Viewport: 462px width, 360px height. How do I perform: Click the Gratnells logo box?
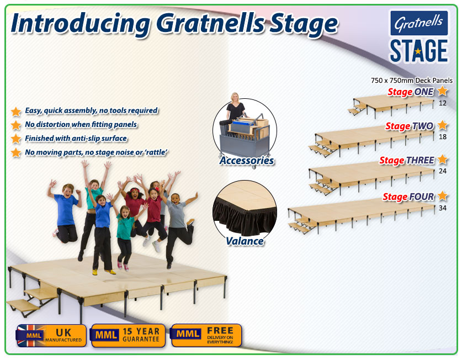(x=419, y=23)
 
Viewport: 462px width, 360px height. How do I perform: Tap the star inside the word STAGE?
(x=418, y=51)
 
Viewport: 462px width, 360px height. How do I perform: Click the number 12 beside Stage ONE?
(x=443, y=103)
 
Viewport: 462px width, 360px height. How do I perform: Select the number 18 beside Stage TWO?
(x=443, y=136)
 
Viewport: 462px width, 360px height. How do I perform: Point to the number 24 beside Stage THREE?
(x=443, y=171)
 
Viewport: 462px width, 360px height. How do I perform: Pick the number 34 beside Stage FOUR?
(x=443, y=208)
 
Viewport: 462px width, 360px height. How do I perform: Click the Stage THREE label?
(x=407, y=160)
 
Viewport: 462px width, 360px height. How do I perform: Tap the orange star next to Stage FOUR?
(x=443, y=195)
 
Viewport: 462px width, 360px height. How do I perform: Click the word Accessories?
(x=247, y=161)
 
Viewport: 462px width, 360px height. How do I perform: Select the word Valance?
(x=245, y=241)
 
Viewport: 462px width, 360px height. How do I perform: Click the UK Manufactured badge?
(x=51, y=336)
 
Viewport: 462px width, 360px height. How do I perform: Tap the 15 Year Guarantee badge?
(x=128, y=336)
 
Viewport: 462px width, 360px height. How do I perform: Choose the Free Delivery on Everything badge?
(x=206, y=335)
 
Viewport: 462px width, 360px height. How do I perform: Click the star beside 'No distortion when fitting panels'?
(x=16, y=125)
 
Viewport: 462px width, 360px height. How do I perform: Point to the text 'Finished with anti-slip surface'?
(x=76, y=138)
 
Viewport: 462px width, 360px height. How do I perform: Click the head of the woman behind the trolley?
(x=235, y=97)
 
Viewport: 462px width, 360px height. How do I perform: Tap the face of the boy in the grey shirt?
(x=175, y=199)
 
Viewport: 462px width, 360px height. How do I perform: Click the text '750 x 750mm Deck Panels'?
(x=412, y=80)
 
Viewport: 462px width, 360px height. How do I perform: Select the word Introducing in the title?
(x=80, y=24)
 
